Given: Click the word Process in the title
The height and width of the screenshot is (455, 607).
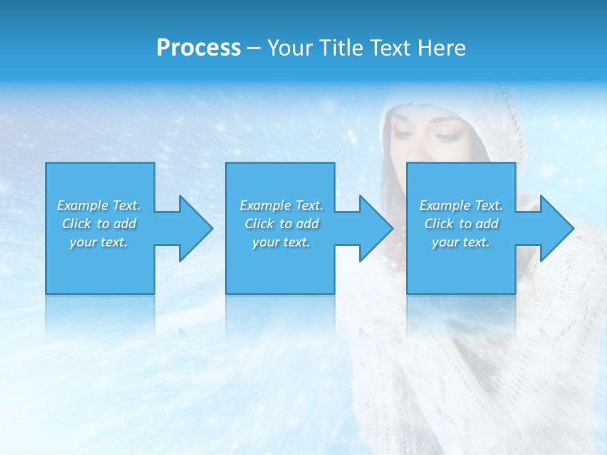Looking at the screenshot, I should pos(199,48).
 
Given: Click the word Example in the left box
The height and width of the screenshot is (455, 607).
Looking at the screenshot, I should pos(82,205).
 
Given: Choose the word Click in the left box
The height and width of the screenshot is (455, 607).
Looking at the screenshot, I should pos(77,224).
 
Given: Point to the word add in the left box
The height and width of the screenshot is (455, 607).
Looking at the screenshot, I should pos(124,224).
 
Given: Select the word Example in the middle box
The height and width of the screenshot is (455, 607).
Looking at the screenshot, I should pos(265,205).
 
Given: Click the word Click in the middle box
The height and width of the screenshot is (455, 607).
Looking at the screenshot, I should pos(259,224).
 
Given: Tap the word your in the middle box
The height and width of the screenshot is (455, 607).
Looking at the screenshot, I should pos(265,242).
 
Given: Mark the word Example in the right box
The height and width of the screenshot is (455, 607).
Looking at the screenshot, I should pos(445,205).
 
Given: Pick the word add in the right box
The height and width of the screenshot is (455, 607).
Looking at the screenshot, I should pos(486,224).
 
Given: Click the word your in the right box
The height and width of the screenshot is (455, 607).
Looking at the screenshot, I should pos(445,242).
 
